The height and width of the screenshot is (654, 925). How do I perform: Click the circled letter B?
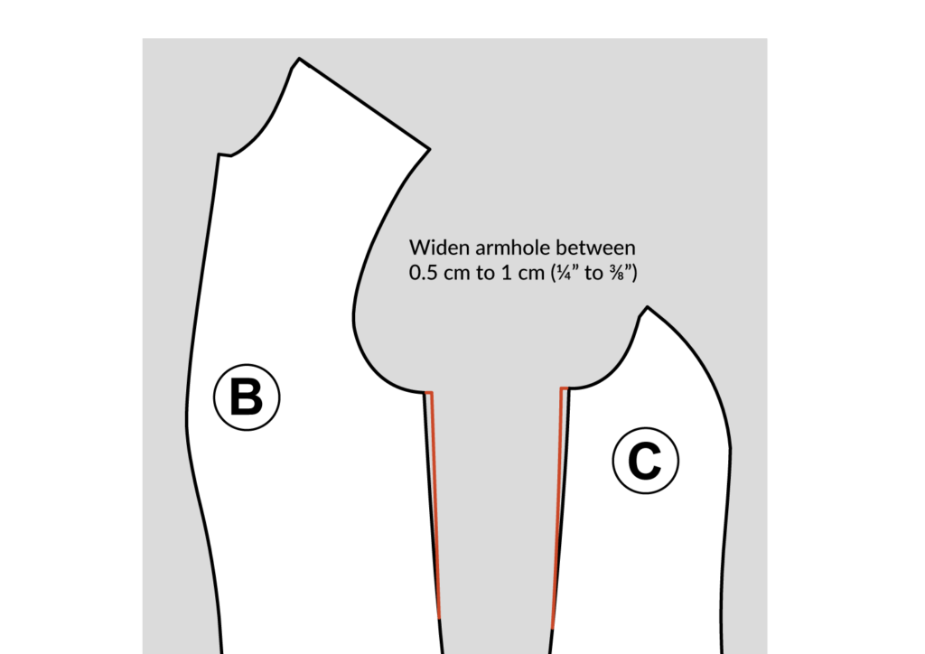tap(247, 397)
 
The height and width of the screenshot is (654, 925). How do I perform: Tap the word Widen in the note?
tap(434, 247)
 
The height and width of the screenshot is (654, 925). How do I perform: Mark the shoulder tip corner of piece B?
tap(429, 148)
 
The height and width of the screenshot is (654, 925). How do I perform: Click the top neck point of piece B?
tap(298, 60)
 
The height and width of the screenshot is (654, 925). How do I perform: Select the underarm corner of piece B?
tap(425, 392)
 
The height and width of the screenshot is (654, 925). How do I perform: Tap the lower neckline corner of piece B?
tap(218, 154)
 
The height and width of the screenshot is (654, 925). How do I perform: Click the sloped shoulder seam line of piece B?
tap(363, 104)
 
